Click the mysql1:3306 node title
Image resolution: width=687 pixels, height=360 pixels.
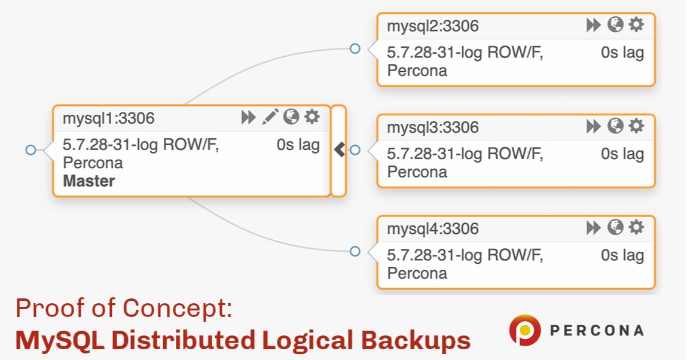108,118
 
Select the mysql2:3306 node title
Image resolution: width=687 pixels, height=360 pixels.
432,26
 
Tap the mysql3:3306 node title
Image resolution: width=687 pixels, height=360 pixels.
432,127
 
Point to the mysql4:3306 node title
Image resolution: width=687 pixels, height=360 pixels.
432,229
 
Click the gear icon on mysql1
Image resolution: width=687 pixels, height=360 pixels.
312,117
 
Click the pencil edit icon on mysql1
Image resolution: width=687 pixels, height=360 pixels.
270,117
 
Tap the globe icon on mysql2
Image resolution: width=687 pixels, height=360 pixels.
615,25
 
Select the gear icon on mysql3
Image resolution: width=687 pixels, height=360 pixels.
636,126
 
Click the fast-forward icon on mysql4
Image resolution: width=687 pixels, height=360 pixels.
593,227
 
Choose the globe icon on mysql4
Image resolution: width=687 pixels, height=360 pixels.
615,227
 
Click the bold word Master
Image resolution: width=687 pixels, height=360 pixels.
88,181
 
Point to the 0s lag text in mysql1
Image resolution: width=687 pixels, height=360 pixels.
298,145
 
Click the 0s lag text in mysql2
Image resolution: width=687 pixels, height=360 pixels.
622,53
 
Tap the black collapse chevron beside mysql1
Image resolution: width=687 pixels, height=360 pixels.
340,150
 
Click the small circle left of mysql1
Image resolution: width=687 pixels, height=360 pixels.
30,150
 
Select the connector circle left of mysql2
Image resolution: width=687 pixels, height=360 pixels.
355,48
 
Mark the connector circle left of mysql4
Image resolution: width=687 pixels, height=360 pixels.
355,251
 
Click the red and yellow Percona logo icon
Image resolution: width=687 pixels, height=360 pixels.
525,331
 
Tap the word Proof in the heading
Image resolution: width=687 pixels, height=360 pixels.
45,309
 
